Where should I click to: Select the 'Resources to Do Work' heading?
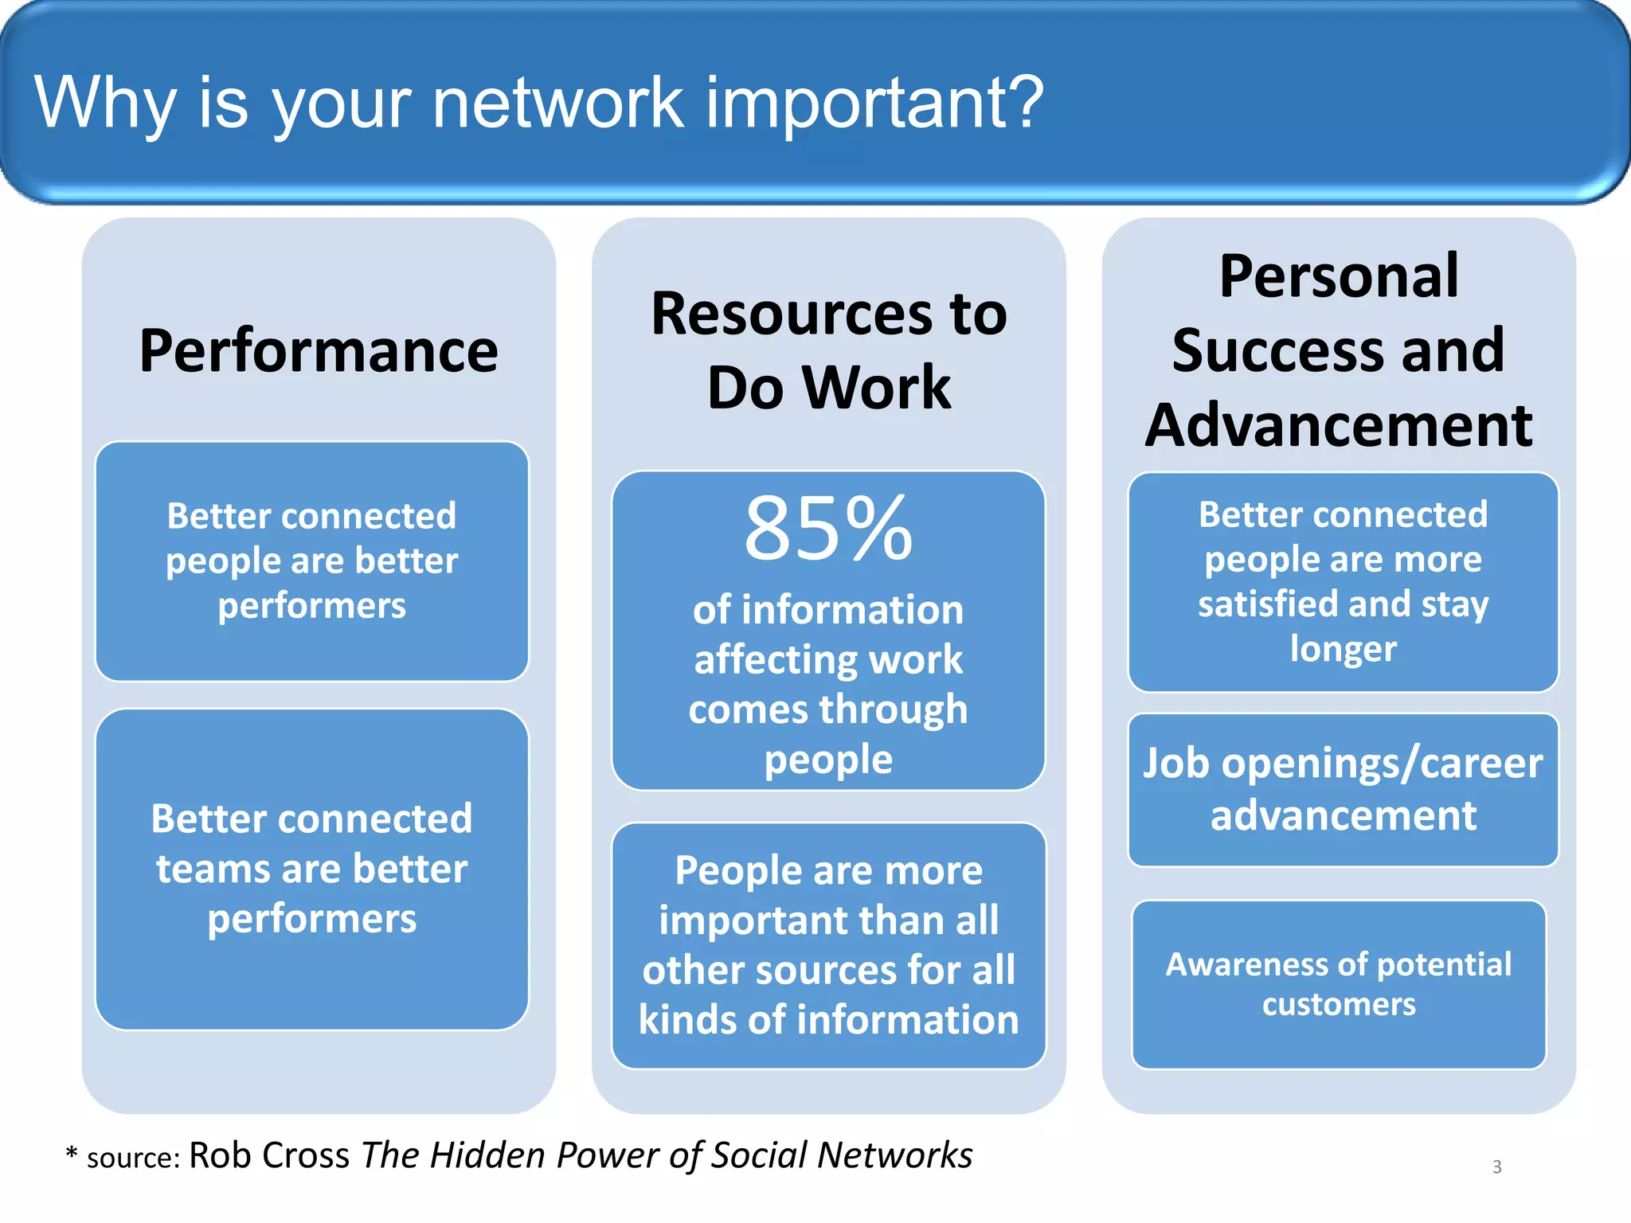(x=828, y=350)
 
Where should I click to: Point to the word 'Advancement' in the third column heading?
(x=1339, y=425)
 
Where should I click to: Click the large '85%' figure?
(x=828, y=529)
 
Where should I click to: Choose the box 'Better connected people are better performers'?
(x=312, y=561)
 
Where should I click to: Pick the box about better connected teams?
(x=312, y=869)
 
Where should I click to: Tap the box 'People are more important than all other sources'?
(x=828, y=945)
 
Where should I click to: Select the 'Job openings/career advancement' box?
(x=1343, y=789)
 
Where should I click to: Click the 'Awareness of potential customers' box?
(x=1339, y=984)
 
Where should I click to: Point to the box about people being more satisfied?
(x=1343, y=582)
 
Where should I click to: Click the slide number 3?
(x=1496, y=1166)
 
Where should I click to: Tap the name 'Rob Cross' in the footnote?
(x=269, y=1155)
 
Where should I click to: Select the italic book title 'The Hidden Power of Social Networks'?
(x=667, y=1155)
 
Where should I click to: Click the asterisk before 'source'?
(x=72, y=1154)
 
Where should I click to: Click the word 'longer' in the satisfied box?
(x=1343, y=649)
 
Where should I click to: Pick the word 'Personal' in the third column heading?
(x=1339, y=276)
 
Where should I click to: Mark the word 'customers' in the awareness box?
(x=1339, y=1005)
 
